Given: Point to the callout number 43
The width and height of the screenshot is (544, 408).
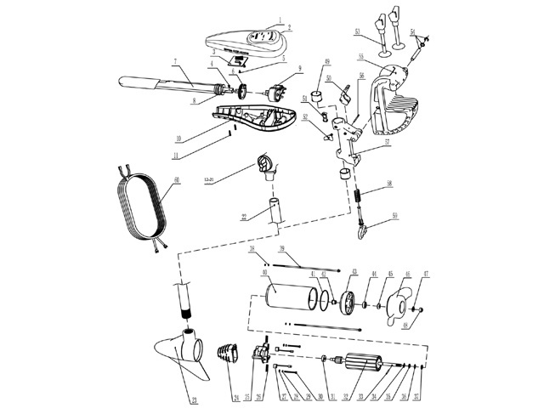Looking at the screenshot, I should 353,274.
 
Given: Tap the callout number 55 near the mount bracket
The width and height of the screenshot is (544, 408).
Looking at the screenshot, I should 360,56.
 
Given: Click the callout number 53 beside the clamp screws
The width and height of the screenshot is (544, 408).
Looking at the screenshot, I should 359,31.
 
